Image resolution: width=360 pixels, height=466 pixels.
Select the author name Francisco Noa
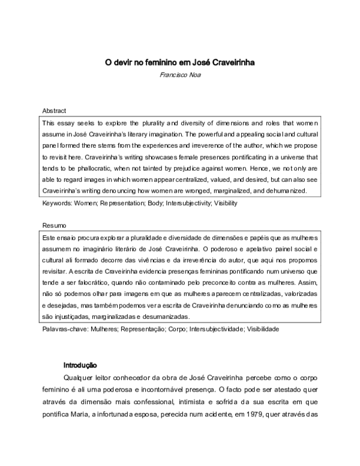pyautogui.click(x=180, y=74)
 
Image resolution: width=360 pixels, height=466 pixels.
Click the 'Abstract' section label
pyautogui.click(x=54, y=111)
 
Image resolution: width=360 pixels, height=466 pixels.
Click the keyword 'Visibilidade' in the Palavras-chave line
pyautogui.click(x=259, y=328)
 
